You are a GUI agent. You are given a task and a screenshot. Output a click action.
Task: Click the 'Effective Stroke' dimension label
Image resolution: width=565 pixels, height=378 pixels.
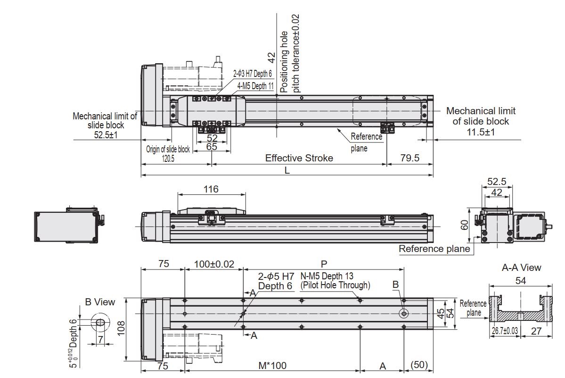[299, 158]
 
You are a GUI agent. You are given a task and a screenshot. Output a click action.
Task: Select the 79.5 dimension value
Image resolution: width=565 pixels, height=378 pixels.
[409, 158]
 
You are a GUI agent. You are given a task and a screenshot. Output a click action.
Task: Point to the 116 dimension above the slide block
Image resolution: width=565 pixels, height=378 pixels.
[211, 189]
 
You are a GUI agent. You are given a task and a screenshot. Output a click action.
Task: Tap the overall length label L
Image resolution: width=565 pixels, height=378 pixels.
[287, 170]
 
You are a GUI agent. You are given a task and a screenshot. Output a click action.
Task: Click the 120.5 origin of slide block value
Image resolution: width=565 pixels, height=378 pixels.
[168, 159]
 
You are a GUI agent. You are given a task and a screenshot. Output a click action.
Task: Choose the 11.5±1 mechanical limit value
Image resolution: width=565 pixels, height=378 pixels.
[481, 132]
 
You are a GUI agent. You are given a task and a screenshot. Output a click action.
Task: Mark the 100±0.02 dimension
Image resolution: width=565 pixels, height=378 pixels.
[214, 264]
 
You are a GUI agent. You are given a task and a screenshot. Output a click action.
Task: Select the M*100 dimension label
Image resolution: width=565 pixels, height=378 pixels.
[272, 366]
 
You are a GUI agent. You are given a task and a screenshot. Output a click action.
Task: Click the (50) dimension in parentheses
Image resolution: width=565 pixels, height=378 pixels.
[419, 366]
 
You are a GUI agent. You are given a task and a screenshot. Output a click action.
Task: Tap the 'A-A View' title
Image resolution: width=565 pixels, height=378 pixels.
[521, 268]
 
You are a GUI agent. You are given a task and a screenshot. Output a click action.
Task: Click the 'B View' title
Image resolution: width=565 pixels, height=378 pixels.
[99, 302]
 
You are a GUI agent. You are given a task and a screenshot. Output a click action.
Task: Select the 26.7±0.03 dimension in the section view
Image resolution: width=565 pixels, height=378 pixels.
[504, 331]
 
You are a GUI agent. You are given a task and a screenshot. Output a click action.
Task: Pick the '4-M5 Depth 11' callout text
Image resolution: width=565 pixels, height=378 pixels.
[255, 85]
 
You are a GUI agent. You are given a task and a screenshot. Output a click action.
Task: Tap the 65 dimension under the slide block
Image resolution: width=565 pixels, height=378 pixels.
[212, 147]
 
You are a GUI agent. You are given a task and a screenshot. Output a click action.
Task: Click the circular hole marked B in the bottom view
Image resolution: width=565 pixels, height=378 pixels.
[404, 313]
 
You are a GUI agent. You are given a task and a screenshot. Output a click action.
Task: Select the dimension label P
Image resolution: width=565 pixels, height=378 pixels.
[323, 264]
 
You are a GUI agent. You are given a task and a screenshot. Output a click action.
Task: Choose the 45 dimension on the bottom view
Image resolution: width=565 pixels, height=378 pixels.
[440, 314]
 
